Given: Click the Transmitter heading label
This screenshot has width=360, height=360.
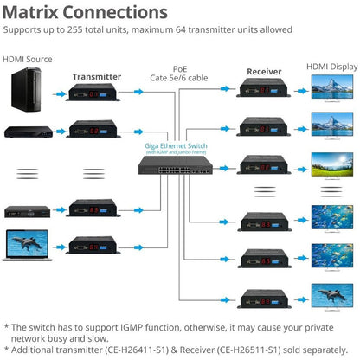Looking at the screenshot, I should (x=96, y=76).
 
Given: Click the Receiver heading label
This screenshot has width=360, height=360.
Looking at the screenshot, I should (x=264, y=71).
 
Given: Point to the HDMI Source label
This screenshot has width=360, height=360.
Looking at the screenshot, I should (x=27, y=60).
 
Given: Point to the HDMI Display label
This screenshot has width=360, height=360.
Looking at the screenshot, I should (x=332, y=66).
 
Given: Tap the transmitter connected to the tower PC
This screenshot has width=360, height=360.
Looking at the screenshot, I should (x=94, y=93).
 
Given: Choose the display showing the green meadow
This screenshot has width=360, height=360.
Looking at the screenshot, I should (x=332, y=164).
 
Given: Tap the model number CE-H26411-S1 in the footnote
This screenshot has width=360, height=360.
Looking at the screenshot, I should (x=138, y=340).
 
